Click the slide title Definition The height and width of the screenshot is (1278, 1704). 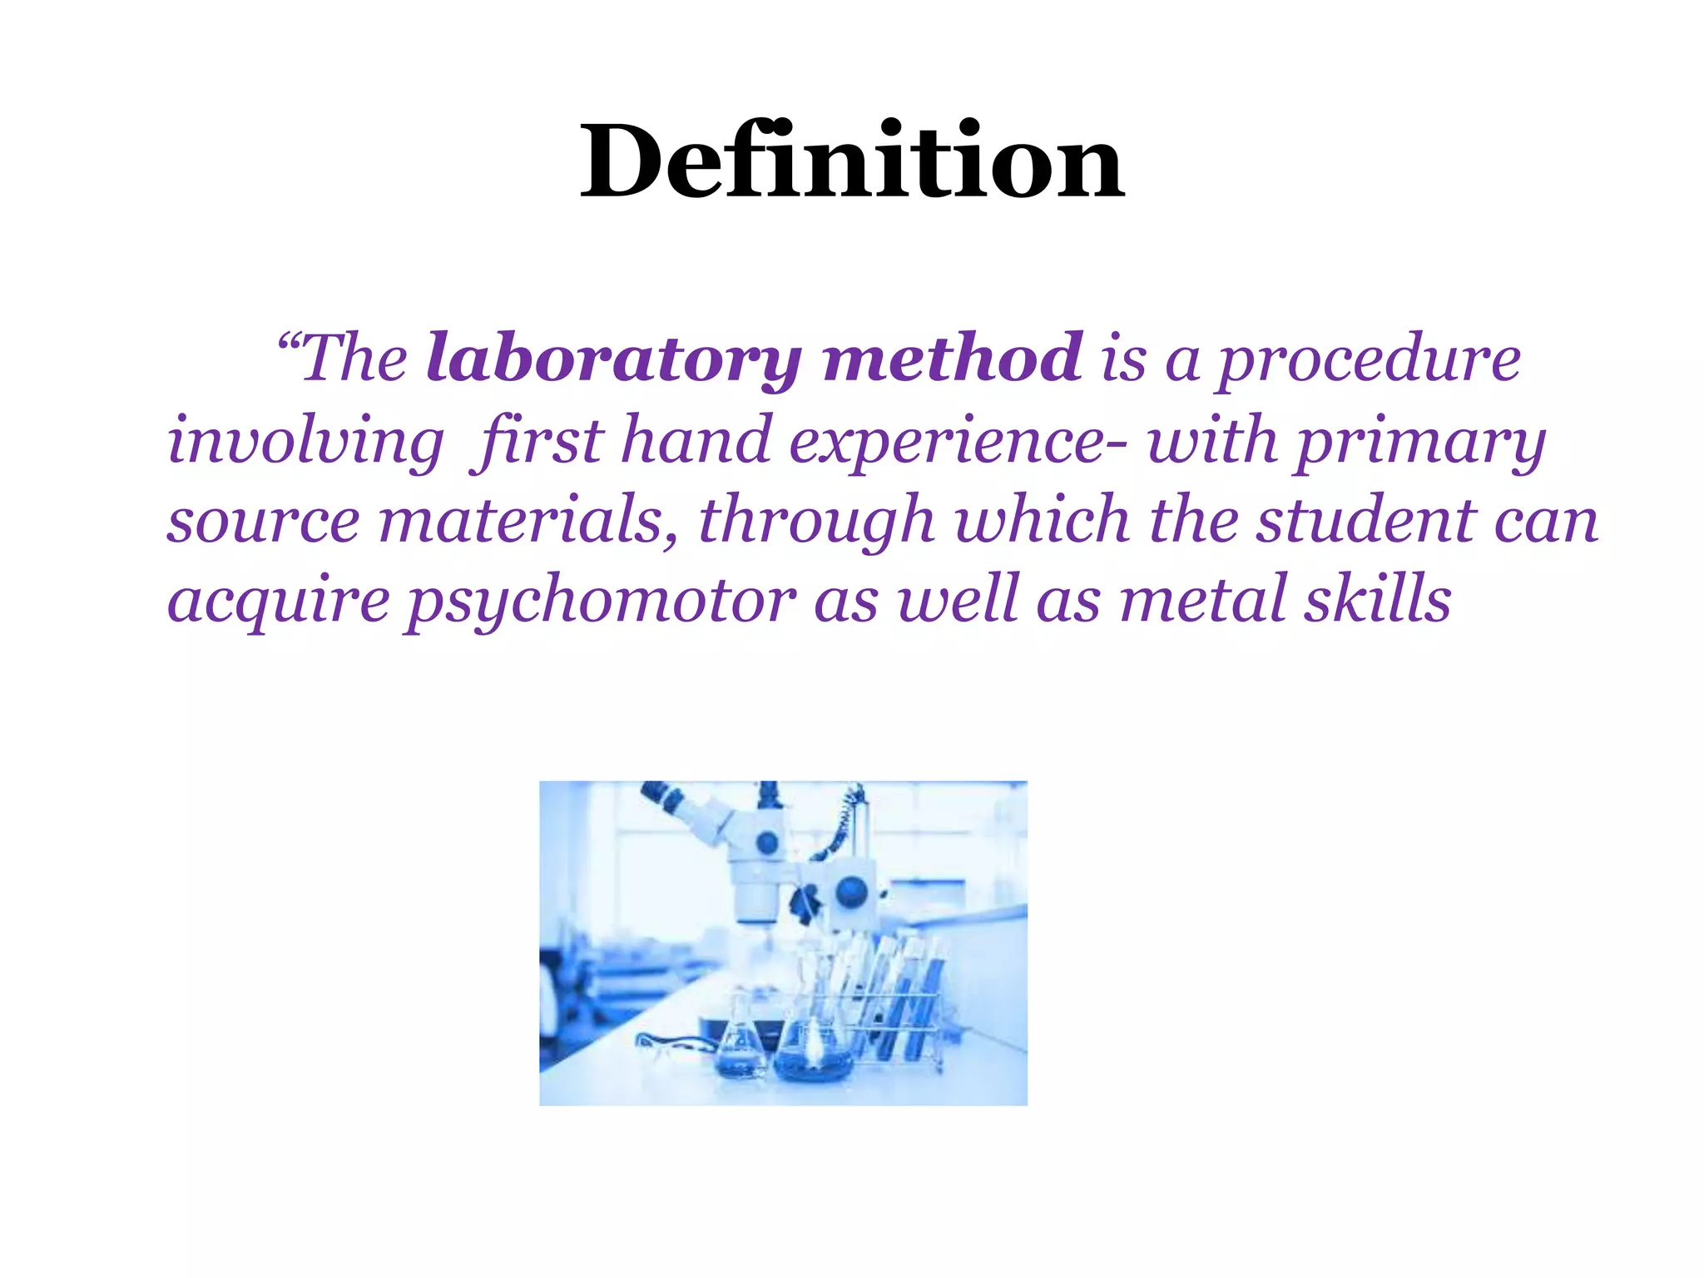852,161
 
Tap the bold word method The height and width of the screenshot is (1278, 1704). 953,358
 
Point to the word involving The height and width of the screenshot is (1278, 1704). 305,441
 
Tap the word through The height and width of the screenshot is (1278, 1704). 816,521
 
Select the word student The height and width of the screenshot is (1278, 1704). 1365,519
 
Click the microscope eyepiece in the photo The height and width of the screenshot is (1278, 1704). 662,795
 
